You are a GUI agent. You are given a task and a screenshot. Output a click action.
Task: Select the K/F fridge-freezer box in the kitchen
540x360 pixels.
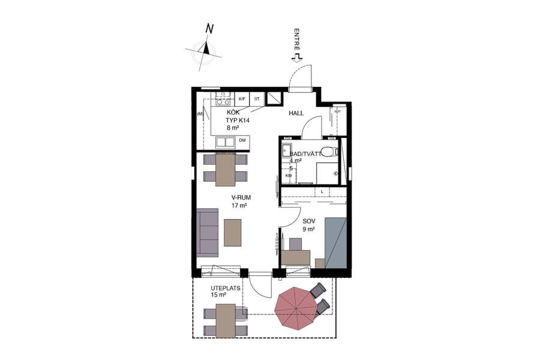(x=242, y=98)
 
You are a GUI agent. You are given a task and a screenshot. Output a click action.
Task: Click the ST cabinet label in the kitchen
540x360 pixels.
(x=257, y=98)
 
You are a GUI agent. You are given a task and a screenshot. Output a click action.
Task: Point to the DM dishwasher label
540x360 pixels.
(x=242, y=140)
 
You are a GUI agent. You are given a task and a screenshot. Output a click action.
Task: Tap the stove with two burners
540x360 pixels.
(x=224, y=98)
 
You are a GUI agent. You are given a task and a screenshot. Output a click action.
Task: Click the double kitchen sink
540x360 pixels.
(x=226, y=142)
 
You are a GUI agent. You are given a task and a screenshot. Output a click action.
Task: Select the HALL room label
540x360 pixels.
(x=296, y=113)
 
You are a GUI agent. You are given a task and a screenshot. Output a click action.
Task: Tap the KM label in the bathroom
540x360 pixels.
(x=288, y=176)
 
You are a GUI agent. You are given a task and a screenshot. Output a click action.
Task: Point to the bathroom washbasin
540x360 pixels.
(x=287, y=151)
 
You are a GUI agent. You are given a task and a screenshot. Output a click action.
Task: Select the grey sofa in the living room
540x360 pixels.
(x=208, y=232)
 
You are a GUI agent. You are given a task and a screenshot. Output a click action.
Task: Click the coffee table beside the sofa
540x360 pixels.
(x=232, y=232)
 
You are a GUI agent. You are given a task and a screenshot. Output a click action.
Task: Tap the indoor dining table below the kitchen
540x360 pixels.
(x=226, y=169)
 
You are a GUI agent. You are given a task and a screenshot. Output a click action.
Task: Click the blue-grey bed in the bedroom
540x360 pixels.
(x=335, y=242)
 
